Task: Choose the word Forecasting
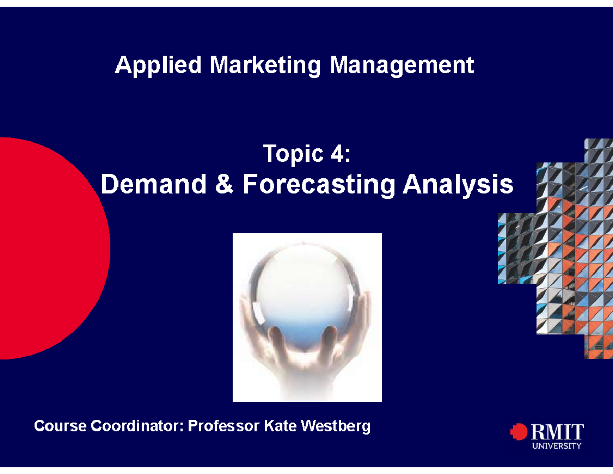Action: pos(318,185)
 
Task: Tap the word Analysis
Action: pos(458,185)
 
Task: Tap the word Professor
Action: pos(224,425)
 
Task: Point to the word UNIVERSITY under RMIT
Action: pos(557,446)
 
